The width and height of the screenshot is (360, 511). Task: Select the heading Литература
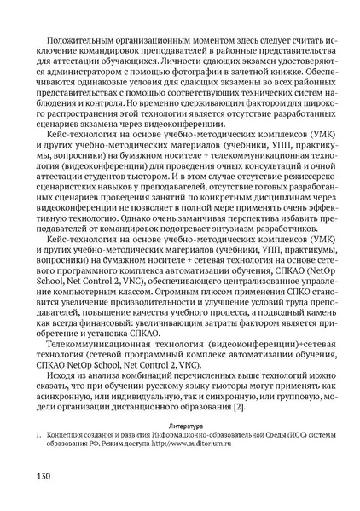click(x=185, y=424)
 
